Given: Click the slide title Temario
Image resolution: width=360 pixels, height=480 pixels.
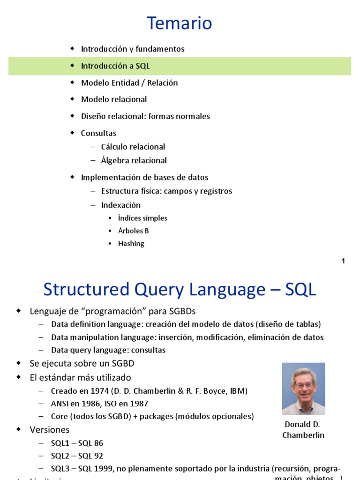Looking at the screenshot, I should (180, 23).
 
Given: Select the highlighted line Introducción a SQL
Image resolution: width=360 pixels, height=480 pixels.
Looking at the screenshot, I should (115, 66).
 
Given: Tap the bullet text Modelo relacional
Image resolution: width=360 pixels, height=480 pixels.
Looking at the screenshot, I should (114, 99).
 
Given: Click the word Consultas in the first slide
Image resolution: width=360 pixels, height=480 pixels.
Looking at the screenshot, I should (98, 133).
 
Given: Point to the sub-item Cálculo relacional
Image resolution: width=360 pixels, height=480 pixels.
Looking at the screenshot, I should (133, 147).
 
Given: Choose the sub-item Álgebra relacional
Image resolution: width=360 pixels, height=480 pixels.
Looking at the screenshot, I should (134, 160).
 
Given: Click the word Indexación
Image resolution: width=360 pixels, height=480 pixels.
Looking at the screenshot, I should (120, 205).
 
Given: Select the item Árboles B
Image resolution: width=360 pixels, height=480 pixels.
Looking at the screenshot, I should (134, 231).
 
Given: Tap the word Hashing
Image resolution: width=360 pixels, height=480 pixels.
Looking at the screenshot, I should (131, 243).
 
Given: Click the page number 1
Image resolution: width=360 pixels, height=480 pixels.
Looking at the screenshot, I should (343, 261).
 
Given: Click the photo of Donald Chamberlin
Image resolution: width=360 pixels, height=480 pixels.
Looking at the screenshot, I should (303, 389).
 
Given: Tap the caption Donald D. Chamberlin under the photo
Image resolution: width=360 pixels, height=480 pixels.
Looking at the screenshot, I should (303, 429).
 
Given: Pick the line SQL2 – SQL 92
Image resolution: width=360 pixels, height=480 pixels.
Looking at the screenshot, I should (77, 456).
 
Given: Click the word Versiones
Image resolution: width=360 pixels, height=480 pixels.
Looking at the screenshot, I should (50, 429).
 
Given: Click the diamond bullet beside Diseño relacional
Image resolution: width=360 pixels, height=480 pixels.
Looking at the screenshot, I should (72, 115).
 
